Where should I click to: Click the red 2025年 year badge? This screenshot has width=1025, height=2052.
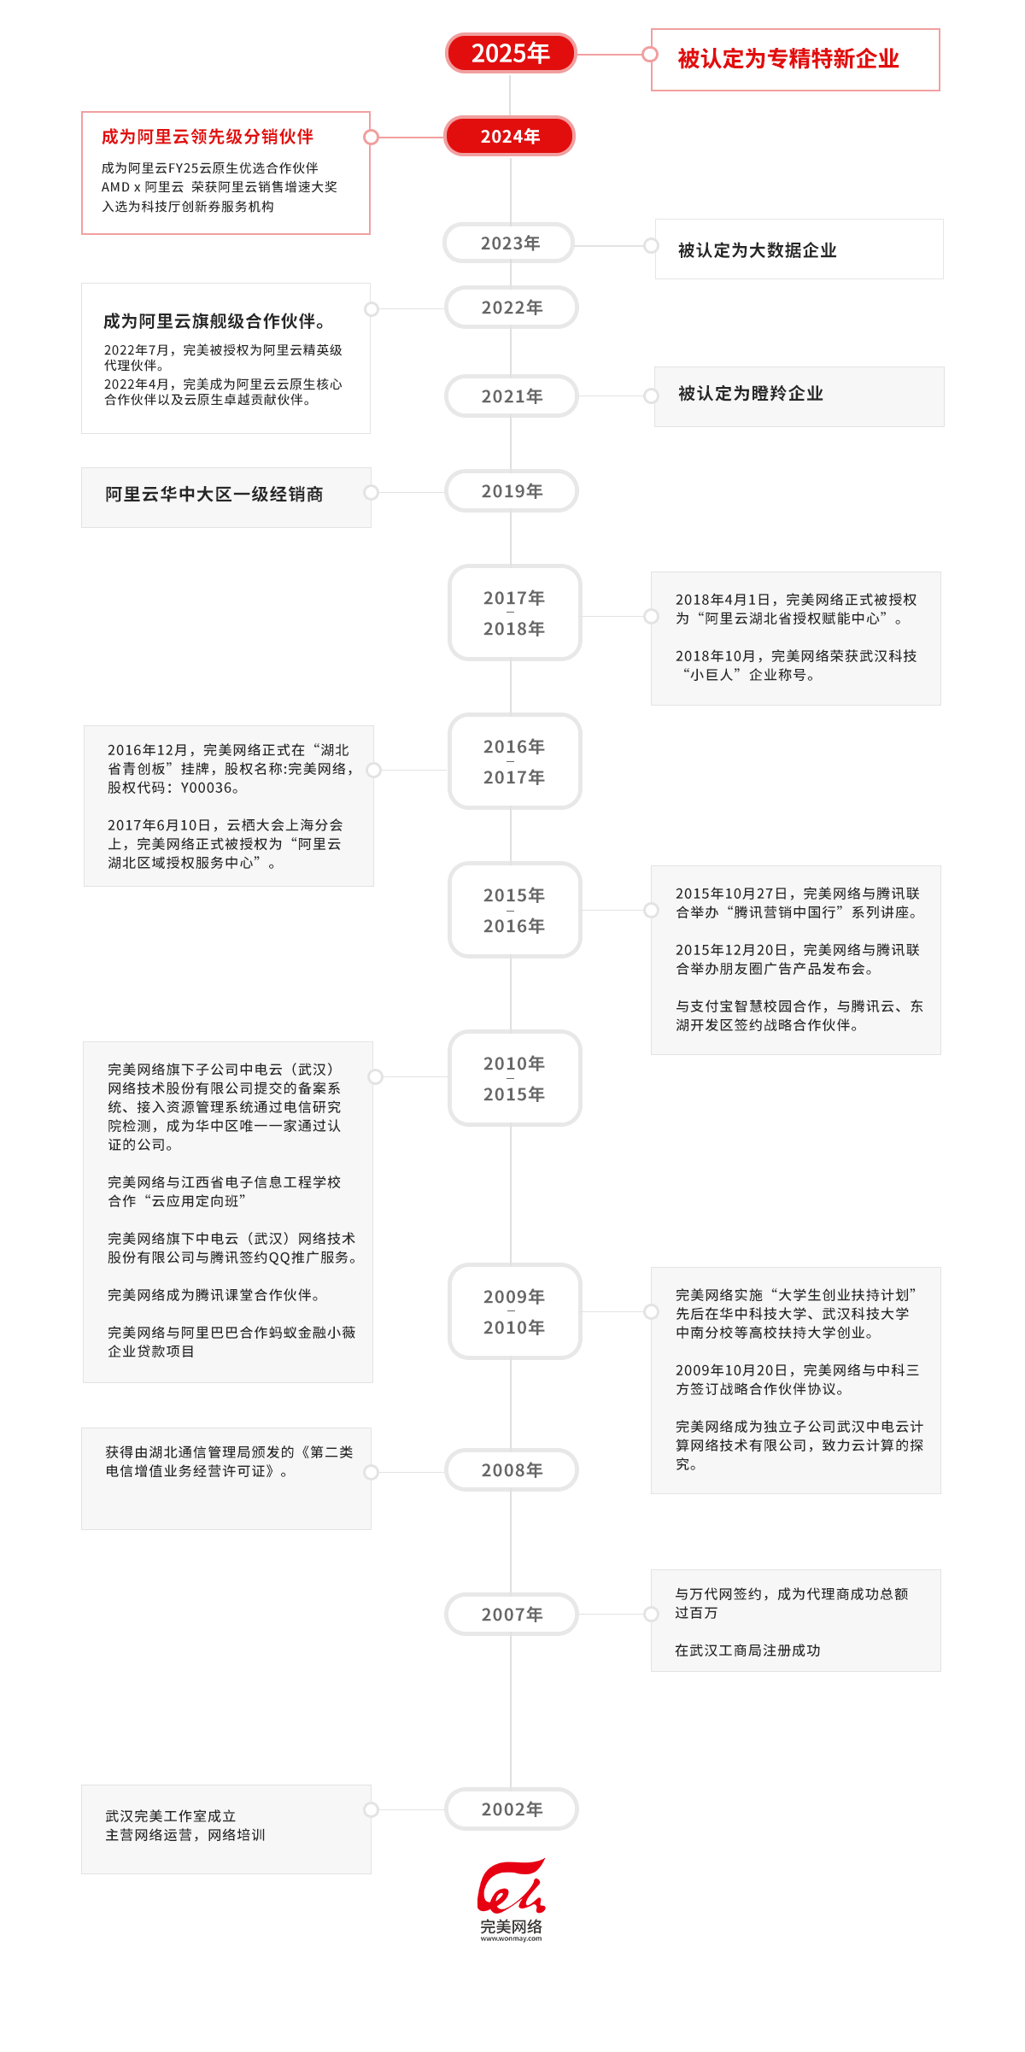coord(510,53)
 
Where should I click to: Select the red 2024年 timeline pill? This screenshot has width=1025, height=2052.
coord(510,137)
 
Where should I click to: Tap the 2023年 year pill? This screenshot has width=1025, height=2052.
coord(510,243)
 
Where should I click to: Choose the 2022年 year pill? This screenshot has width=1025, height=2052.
coord(512,308)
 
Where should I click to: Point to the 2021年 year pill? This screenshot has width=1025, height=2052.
coord(512,396)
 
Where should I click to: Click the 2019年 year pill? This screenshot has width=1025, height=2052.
coord(512,491)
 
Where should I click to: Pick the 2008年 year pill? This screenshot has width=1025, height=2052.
coord(512,1470)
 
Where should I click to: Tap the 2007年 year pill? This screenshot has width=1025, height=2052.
coord(512,1615)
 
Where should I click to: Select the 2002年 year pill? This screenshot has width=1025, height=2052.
coord(512,1809)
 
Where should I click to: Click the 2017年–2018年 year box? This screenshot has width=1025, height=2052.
coord(514,613)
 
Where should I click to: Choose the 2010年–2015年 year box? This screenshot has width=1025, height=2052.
coord(514,1078)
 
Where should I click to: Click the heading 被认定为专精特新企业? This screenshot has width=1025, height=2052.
coord(788,59)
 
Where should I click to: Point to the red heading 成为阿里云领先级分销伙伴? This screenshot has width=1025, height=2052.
coord(207,137)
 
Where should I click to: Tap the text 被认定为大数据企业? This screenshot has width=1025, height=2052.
coord(757,250)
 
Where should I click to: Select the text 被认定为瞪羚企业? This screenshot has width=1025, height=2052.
coord(750,394)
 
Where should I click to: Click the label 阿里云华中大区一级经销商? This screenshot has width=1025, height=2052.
coord(214,495)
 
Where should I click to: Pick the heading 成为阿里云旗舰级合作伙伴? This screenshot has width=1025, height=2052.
coord(214,321)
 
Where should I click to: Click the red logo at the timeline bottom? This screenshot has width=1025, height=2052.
coord(511,1888)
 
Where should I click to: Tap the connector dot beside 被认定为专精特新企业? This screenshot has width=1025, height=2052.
coord(650,55)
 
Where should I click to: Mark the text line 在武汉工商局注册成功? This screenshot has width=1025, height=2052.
coord(747,1650)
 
